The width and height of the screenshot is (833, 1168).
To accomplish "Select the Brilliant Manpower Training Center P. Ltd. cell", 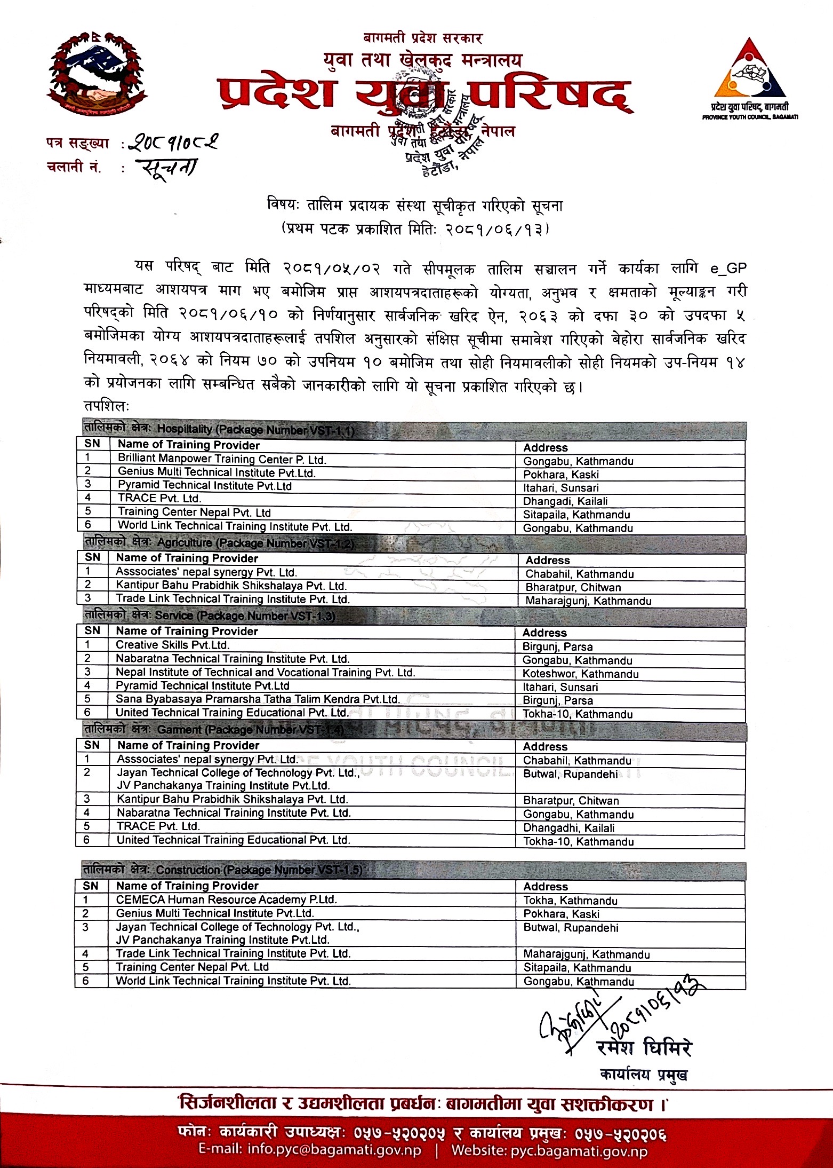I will click(222, 459).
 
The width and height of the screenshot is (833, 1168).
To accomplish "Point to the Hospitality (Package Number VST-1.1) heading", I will click(255, 430).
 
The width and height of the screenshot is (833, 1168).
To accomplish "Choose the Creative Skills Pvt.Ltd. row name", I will click(173, 645).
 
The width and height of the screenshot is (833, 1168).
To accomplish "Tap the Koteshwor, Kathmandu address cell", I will click(580, 674).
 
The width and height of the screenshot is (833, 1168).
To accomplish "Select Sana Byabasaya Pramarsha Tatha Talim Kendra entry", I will click(258, 699).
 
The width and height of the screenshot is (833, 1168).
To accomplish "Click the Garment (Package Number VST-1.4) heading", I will click(250, 730).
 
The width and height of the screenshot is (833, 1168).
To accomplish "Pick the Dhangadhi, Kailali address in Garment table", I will click(568, 828).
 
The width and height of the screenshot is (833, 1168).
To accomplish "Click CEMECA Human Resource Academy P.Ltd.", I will click(226, 900).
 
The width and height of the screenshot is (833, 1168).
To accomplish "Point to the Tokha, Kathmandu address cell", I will click(570, 901).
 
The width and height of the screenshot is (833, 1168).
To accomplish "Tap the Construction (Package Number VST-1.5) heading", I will click(259, 870).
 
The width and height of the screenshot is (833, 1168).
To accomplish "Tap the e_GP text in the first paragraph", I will click(728, 267).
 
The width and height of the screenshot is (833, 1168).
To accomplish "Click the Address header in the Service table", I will click(544, 633).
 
